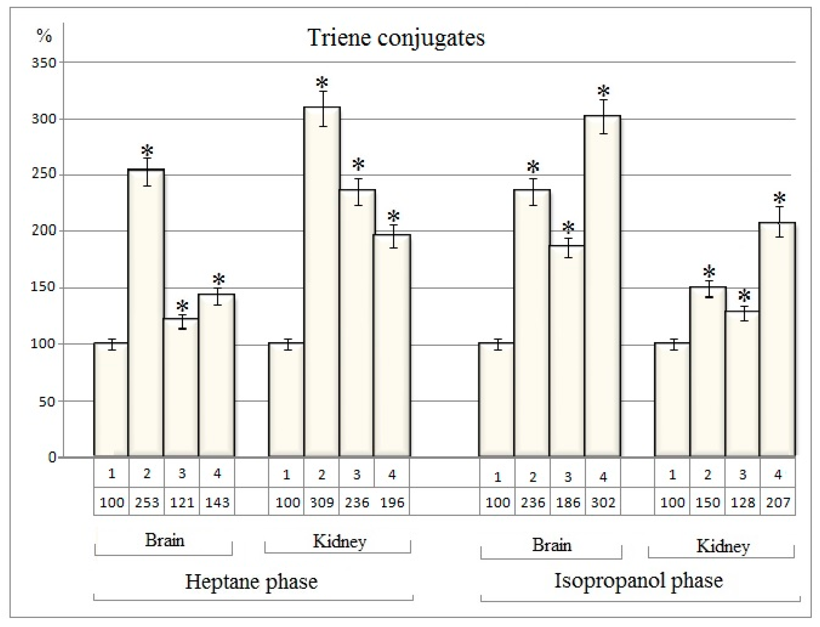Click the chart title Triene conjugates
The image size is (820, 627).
pyautogui.click(x=396, y=38)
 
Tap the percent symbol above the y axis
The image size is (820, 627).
pyautogui.click(x=44, y=36)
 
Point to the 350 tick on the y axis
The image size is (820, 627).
pyautogui.click(x=44, y=62)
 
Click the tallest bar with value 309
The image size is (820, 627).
pyautogui.click(x=322, y=280)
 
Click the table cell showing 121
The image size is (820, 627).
pyautogui.click(x=182, y=502)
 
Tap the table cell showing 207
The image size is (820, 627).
pyautogui.click(x=778, y=502)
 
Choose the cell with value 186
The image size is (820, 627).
pyautogui.click(x=568, y=502)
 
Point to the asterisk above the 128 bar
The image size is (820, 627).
pyautogui.click(x=744, y=296)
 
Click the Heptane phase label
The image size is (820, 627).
pyautogui.click(x=251, y=581)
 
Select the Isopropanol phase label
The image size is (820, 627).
pyautogui.click(x=638, y=581)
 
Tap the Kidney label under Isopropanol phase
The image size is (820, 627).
pyautogui.click(x=722, y=547)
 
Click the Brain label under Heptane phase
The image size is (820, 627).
pyautogui.click(x=164, y=540)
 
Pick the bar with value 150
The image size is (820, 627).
pyautogui.click(x=708, y=371)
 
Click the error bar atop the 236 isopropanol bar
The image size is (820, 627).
pyautogui.click(x=533, y=191)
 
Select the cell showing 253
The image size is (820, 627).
pyautogui.click(x=147, y=502)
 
